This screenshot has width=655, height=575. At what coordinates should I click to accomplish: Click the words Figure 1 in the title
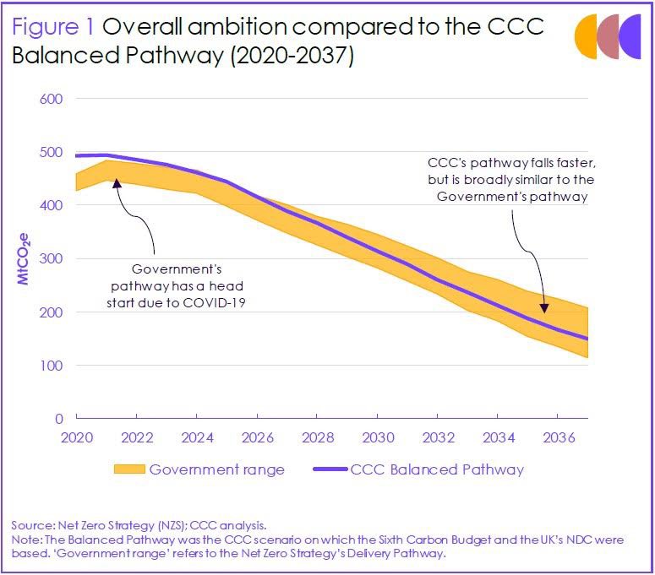53,26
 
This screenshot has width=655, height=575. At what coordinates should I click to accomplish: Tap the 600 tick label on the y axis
52,99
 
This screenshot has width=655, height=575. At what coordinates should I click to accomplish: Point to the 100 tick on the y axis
52,366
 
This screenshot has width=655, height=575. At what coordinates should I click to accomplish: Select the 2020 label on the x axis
76,437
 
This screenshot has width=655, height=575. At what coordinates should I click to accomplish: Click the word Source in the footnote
29,525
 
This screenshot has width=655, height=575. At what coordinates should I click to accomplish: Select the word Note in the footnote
25,539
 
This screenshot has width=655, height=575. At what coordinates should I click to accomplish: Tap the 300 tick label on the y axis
52,258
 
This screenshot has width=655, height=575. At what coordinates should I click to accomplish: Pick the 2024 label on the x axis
197,437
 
